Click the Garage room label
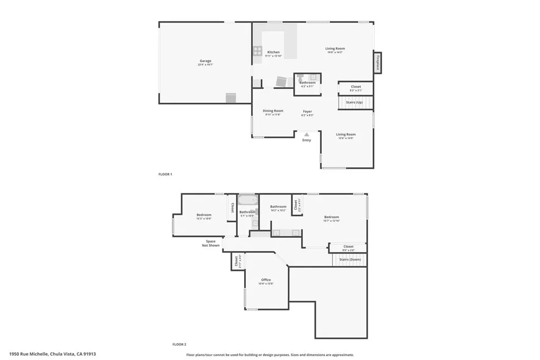pos(205,61)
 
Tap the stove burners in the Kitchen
pos(257,51)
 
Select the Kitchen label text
pos(273,52)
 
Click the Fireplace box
pos(378,62)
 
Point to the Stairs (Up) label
pos(354,102)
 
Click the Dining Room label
pos(273,111)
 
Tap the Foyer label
pos(307,111)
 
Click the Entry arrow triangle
pos(306,134)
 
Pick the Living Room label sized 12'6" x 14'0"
pos(346,134)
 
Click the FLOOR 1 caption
pos(166,174)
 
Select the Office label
pos(266,280)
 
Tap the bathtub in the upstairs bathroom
pos(247,199)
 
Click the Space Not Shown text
pos(211,244)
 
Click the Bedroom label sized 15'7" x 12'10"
pos(332,217)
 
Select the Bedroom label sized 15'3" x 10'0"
pos(204,215)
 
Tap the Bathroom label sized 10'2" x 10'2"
pos(278,207)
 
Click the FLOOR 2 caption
pos(179,344)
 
